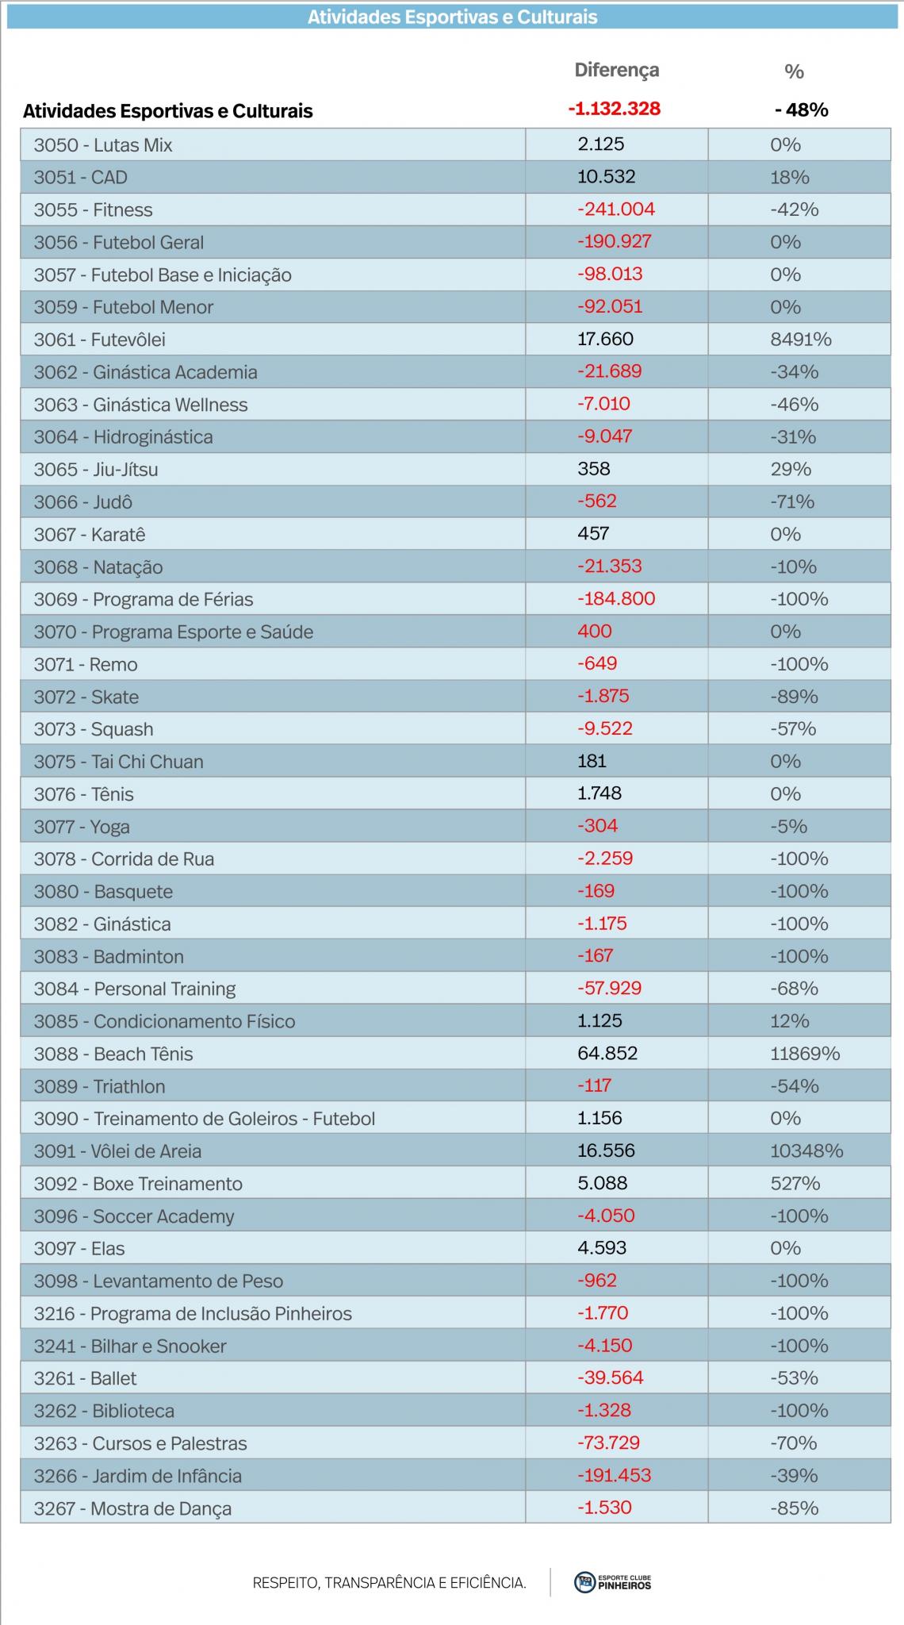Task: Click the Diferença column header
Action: click(616, 71)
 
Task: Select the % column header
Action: click(794, 72)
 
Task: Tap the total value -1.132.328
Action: click(614, 109)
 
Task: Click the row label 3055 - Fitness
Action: click(93, 210)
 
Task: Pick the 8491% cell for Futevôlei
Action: click(801, 340)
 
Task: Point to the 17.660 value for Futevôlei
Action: click(605, 340)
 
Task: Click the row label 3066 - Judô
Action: click(82, 502)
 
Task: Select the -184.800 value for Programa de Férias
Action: click(616, 599)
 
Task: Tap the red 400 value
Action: click(595, 632)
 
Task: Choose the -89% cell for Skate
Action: click(794, 697)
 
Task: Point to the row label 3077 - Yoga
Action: click(82, 827)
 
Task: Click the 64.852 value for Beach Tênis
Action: click(607, 1054)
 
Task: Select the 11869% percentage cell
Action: click(805, 1054)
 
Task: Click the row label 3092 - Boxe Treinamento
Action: click(138, 1184)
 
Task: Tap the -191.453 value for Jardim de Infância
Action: click(614, 1476)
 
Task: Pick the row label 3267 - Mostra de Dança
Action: click(132, 1508)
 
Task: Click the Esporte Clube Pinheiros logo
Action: click(612, 1581)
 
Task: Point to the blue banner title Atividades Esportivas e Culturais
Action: click(453, 17)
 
